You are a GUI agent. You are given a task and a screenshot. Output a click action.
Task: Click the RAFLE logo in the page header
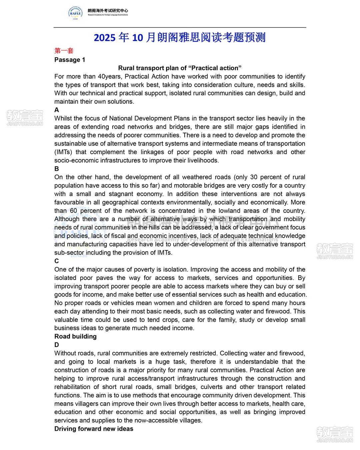point(76,13)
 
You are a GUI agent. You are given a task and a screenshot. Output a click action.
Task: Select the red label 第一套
point(64,51)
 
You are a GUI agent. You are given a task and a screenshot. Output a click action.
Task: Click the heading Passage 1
point(70,60)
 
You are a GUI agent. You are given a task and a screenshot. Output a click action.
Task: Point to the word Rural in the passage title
point(127,68)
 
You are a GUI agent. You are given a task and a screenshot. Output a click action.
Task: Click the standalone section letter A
point(57,110)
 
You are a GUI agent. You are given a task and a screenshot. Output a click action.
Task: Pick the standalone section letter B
point(57,169)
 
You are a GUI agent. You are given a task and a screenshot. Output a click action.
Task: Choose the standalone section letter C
point(57,261)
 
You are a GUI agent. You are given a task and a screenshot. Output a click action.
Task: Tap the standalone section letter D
point(57,345)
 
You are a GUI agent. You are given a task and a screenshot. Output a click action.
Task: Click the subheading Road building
point(75,336)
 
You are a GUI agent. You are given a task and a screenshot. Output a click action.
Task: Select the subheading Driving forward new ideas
point(94,429)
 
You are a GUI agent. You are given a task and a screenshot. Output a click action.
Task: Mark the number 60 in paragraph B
point(74,211)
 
